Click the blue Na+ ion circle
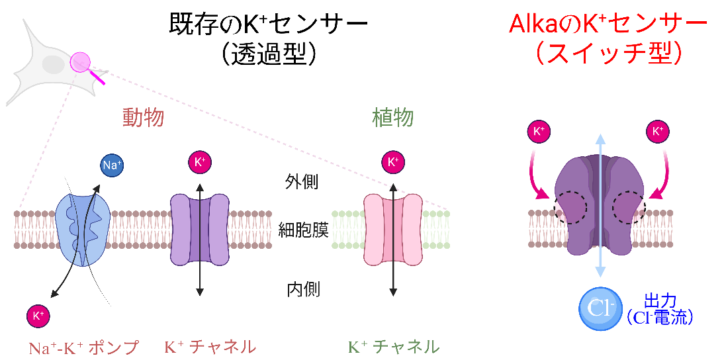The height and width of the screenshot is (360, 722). click(112, 165)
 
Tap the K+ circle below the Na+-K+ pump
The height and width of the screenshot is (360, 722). click(38, 316)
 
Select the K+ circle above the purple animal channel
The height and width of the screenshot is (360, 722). click(200, 162)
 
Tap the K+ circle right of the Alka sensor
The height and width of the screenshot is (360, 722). click(658, 131)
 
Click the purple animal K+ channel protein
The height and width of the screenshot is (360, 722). click(200, 229)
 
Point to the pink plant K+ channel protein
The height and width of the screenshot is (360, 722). click(393, 229)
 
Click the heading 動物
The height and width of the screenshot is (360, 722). click(143, 118)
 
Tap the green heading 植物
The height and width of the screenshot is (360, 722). click(393, 118)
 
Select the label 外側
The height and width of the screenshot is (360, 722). click(302, 182)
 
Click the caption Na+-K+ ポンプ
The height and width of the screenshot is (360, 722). click(84, 347)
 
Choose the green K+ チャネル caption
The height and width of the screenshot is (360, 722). click(394, 346)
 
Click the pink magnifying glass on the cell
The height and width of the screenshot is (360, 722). click(81, 62)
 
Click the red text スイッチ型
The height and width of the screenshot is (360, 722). click(608, 53)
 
